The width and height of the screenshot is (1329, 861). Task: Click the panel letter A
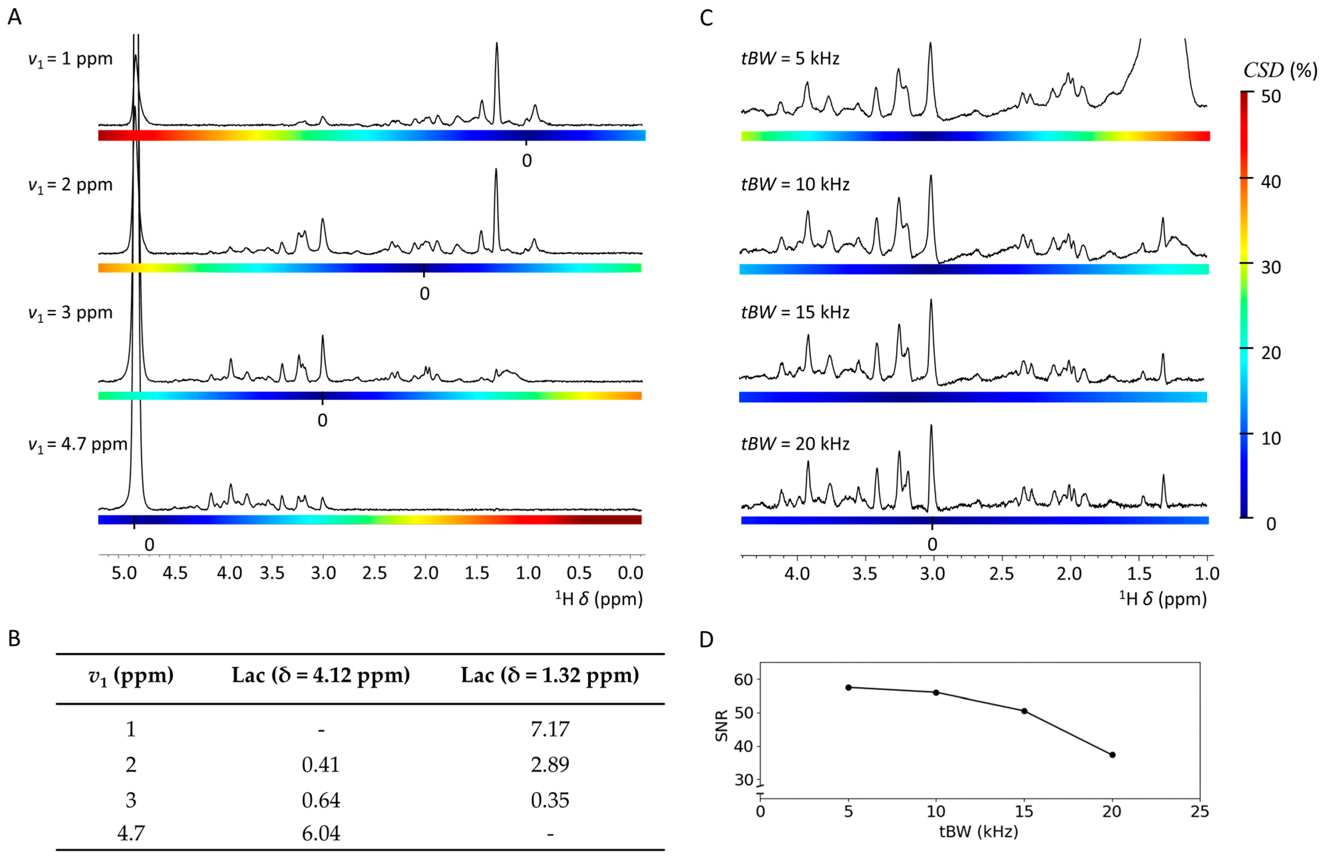pos(15,17)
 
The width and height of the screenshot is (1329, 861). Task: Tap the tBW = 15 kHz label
pos(795,312)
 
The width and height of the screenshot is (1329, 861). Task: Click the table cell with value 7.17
pos(550,729)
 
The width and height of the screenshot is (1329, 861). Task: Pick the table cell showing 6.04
pos(321,834)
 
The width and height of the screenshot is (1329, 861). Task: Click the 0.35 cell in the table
pos(550,800)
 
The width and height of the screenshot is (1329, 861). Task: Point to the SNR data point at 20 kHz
pos(1112,755)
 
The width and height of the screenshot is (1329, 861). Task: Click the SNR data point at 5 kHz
pos(848,687)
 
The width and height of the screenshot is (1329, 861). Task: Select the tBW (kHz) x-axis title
pos(978,832)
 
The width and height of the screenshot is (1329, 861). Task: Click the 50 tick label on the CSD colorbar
pos(1271,96)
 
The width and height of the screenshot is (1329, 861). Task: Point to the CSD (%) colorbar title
pos(1280,71)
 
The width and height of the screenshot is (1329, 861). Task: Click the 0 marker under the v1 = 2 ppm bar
pos(424,294)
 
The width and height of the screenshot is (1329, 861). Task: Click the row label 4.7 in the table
pos(131,834)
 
